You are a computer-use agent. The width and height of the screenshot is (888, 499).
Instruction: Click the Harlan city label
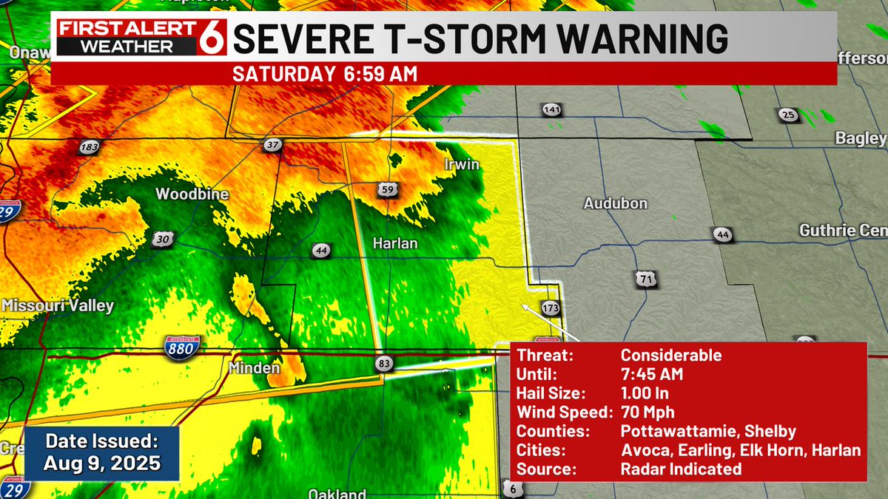(395, 242)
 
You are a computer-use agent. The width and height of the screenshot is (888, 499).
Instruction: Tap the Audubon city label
(616, 203)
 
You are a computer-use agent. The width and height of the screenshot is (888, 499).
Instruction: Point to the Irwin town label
(462, 164)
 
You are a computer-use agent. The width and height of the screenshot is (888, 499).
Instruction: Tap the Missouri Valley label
(58, 305)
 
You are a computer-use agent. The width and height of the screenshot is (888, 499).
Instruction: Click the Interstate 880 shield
(178, 344)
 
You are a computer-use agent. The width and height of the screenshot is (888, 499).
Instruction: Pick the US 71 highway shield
(645, 279)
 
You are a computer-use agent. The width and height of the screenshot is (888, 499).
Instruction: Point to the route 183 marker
(89, 147)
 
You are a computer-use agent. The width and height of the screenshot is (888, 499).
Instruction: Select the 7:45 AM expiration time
(651, 374)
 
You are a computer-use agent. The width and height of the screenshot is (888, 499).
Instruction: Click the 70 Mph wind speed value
(647, 413)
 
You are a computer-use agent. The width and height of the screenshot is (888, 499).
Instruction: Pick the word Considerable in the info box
(670, 355)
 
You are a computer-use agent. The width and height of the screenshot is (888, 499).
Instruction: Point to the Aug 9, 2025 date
(101, 464)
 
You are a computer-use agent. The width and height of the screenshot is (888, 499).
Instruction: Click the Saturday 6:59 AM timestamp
(325, 74)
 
